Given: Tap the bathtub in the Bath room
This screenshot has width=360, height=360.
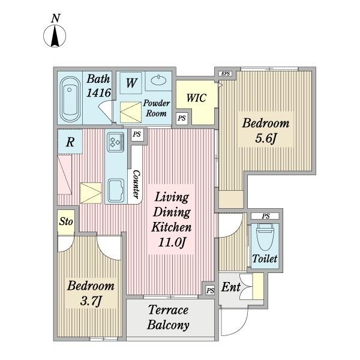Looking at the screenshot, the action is (x=70, y=99).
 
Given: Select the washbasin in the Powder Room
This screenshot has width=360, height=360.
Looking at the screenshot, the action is (x=158, y=80).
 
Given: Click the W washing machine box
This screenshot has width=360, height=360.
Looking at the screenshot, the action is (x=131, y=83).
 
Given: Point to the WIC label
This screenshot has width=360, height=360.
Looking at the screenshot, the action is (x=196, y=98).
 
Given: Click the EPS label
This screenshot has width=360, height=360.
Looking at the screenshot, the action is (x=226, y=74).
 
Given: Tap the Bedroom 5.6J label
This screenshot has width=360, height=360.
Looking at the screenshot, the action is (x=266, y=130).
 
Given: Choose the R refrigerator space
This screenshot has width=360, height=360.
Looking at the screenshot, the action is (x=70, y=142).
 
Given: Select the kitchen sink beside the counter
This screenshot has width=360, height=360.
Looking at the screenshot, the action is (x=116, y=191).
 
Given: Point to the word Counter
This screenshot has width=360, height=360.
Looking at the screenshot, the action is (x=136, y=184).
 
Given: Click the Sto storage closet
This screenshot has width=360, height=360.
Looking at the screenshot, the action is (x=66, y=222).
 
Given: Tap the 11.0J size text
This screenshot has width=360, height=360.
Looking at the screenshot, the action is (x=172, y=242).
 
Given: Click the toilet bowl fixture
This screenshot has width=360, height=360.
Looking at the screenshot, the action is (x=265, y=237).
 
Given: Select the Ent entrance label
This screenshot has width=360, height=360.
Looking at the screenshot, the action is (x=231, y=287).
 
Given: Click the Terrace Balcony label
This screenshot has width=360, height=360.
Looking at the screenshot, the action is (x=169, y=317).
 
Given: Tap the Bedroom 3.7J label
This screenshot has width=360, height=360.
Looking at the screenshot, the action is (x=91, y=293).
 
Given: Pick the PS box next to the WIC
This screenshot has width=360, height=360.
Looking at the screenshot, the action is (x=182, y=118).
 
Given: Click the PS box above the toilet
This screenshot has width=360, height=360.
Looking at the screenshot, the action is (x=266, y=216).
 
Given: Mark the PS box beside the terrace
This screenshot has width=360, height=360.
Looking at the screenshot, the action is (x=210, y=290).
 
